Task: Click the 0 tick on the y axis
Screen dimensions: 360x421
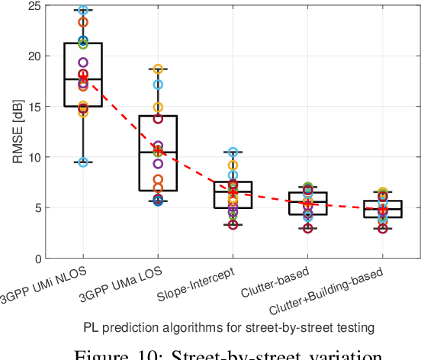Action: click(34, 258)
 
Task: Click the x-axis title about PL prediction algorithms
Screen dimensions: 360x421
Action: click(229, 327)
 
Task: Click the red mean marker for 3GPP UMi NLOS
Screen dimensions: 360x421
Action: click(83, 78)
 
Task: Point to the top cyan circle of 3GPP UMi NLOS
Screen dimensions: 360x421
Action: click(83, 11)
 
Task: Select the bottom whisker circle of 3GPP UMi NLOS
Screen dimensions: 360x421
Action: click(83, 162)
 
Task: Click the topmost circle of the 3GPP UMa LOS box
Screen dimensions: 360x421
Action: click(158, 69)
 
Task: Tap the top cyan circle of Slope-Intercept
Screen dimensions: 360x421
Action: click(233, 153)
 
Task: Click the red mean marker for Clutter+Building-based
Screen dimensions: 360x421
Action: click(383, 209)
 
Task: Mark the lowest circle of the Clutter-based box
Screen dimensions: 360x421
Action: click(307, 228)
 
